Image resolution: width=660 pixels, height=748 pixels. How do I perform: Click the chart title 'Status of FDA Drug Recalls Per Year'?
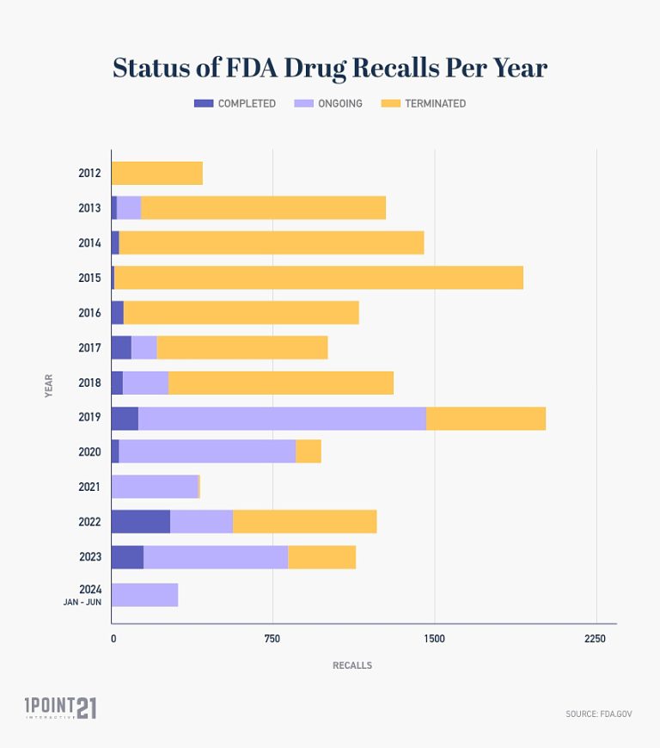point(330,68)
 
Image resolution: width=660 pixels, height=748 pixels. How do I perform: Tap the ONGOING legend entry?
point(328,103)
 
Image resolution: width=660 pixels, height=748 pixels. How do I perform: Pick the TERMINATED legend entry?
point(426,103)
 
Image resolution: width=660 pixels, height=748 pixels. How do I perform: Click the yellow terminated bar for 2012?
point(157,173)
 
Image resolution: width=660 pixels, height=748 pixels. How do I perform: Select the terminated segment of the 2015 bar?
point(318,278)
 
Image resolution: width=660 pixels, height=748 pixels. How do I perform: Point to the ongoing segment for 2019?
point(282,418)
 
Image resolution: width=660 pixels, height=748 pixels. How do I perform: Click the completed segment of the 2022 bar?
point(141,522)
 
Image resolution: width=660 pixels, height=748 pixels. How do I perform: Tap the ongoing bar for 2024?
point(144,595)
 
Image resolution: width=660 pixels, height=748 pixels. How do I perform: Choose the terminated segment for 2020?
point(309,451)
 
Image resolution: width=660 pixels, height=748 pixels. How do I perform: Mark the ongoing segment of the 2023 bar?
point(216,557)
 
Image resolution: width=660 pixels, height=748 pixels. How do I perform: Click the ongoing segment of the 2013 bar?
point(129,208)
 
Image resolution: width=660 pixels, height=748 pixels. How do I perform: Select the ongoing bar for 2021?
point(155,487)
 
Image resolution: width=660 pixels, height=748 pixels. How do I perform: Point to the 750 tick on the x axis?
point(272,639)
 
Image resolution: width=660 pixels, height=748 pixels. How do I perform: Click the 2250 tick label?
point(595,639)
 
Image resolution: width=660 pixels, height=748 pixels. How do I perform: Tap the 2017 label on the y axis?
point(89,347)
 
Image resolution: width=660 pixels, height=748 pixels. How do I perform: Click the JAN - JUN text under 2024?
point(82,603)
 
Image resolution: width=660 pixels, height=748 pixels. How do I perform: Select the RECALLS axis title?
point(352,665)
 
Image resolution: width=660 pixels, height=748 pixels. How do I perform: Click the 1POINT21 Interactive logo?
point(60,708)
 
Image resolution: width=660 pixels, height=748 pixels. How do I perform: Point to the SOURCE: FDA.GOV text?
point(599,714)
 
